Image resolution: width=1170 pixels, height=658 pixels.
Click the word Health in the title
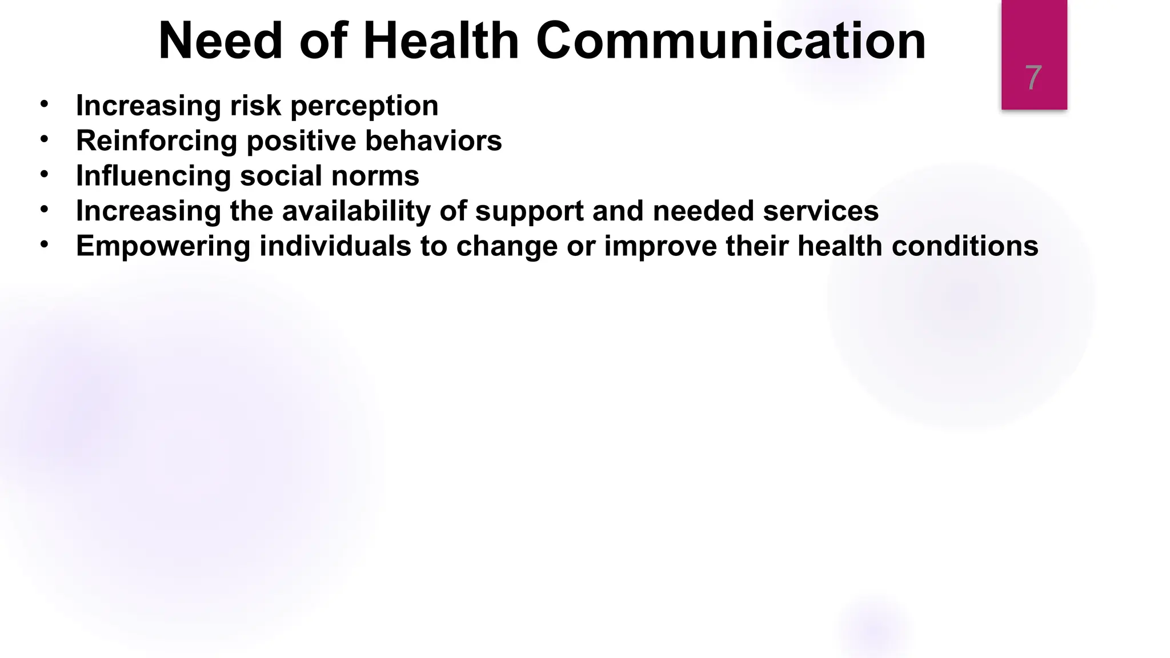(x=440, y=41)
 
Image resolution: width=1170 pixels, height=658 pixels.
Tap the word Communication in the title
(x=731, y=41)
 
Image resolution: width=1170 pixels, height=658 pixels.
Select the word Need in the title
(x=221, y=41)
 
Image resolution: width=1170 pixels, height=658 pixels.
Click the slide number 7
(x=1033, y=78)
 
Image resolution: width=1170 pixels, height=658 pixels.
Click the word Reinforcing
(x=156, y=142)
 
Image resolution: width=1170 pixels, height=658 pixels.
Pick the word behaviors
(x=434, y=141)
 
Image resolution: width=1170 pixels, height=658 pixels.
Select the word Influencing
(x=153, y=176)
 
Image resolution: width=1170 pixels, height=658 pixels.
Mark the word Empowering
(x=163, y=247)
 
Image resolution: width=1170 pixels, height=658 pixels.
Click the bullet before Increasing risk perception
(x=45, y=104)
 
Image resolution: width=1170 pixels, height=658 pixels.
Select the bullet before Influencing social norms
(x=45, y=174)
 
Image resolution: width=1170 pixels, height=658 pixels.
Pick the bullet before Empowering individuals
(x=45, y=244)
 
